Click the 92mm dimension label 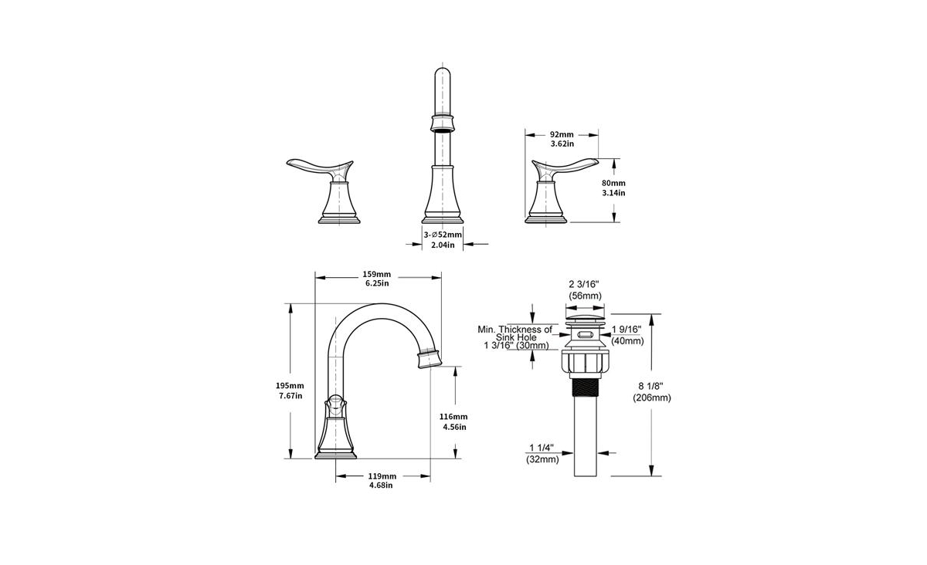pyautogui.click(x=562, y=134)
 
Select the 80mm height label pyautogui.click(x=613, y=183)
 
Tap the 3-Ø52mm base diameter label pyautogui.click(x=443, y=235)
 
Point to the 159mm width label pyautogui.click(x=377, y=274)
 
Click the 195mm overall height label pyautogui.click(x=290, y=385)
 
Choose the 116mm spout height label pyautogui.click(x=453, y=417)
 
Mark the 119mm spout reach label pyautogui.click(x=382, y=476)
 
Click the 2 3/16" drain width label pyautogui.click(x=584, y=284)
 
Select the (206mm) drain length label pyautogui.click(x=651, y=398)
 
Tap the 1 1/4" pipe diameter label pyautogui.click(x=542, y=448)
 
